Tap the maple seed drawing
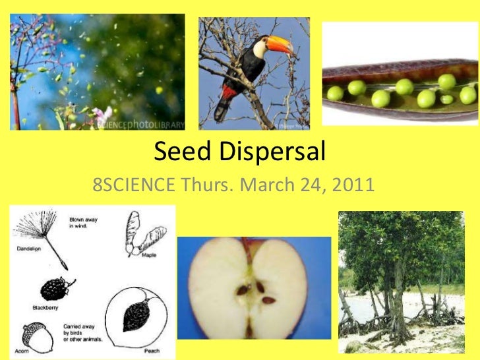135,233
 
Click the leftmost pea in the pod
336,93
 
